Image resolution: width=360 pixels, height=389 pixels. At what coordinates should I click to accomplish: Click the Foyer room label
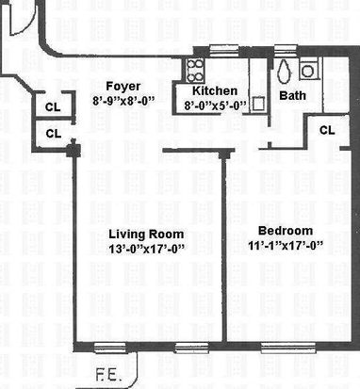(123, 87)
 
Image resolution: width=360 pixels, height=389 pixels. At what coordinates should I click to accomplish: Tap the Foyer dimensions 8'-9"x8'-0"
(123, 101)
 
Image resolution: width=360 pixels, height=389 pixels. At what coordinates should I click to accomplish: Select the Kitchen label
(215, 91)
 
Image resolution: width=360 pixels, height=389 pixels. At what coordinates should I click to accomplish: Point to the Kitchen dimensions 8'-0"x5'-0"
(216, 105)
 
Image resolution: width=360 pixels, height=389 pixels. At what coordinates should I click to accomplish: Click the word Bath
(292, 95)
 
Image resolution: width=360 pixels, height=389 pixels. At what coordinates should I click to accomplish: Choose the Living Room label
(146, 235)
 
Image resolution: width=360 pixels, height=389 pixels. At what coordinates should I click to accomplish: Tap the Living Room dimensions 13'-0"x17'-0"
(146, 249)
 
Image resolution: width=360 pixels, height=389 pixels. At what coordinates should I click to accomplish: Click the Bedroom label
(286, 231)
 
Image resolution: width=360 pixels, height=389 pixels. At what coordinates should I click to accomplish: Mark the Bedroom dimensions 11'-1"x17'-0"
(286, 245)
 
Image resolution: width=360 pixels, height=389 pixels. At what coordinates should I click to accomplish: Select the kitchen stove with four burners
(195, 71)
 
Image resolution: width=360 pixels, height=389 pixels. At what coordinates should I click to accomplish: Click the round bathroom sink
(307, 72)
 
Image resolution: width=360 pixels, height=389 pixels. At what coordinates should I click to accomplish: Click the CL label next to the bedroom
(327, 130)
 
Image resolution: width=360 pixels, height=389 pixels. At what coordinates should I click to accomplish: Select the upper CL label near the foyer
(53, 107)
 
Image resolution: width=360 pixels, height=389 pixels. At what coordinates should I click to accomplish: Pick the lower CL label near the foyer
(54, 134)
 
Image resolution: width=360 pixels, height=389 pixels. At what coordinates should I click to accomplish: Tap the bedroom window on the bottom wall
(288, 348)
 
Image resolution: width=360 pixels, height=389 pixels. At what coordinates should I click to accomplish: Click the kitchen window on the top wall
(223, 50)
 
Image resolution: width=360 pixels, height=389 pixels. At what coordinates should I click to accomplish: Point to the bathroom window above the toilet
(286, 50)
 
